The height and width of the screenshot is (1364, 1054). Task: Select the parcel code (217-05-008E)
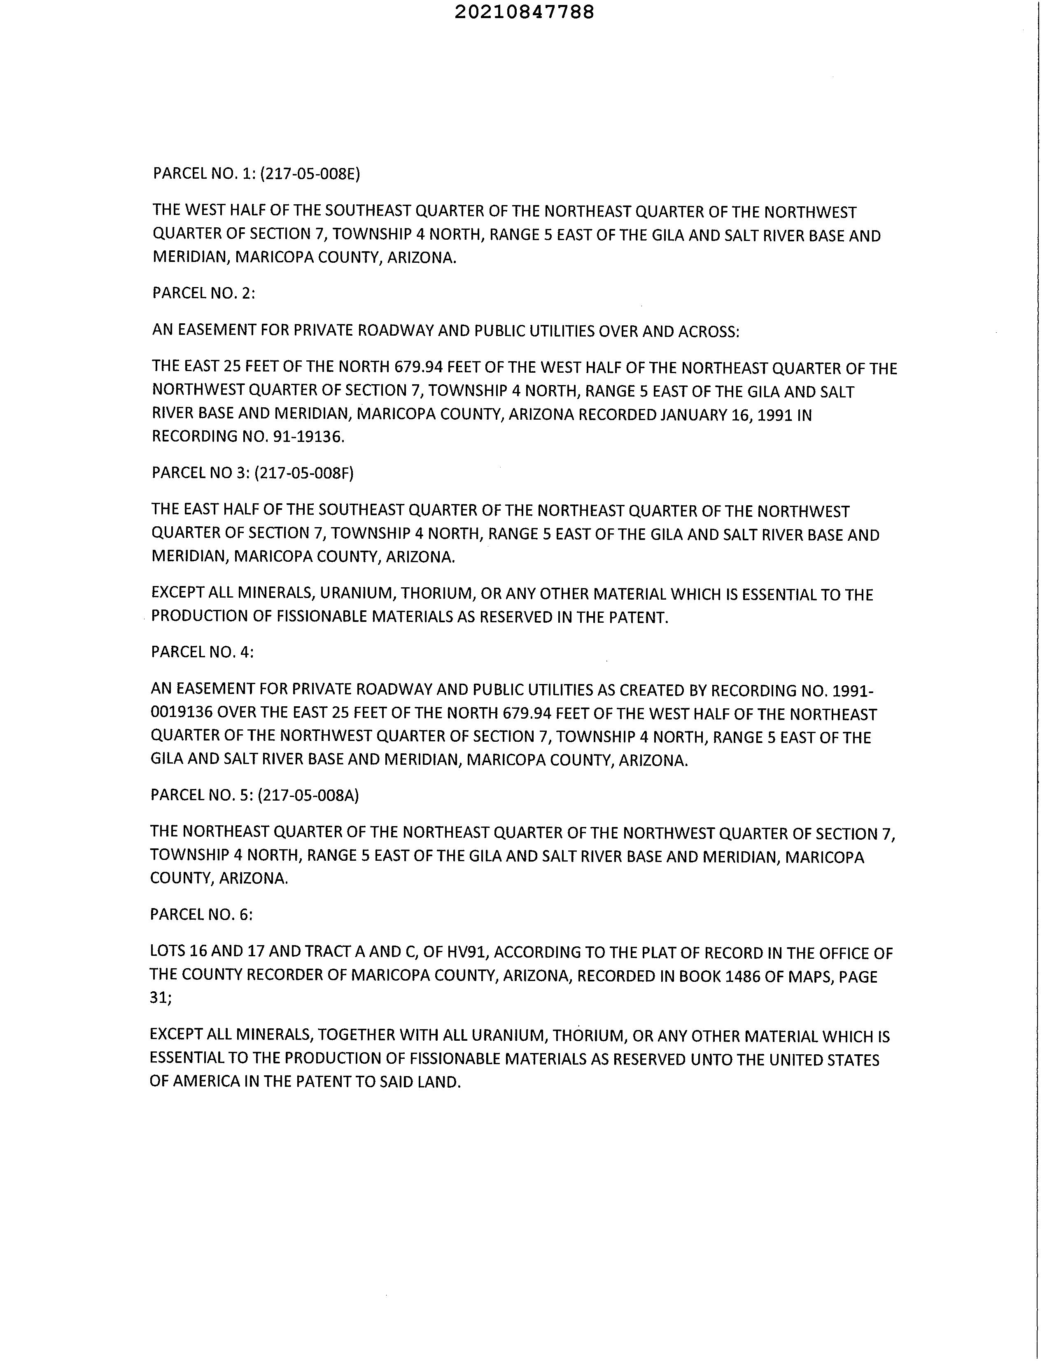(x=310, y=174)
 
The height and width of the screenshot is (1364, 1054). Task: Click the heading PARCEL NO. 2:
(x=203, y=293)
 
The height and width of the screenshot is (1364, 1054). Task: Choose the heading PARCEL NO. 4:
(x=202, y=652)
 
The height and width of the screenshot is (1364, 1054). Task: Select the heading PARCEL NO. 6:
(x=201, y=914)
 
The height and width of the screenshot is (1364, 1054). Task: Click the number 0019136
(x=181, y=713)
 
